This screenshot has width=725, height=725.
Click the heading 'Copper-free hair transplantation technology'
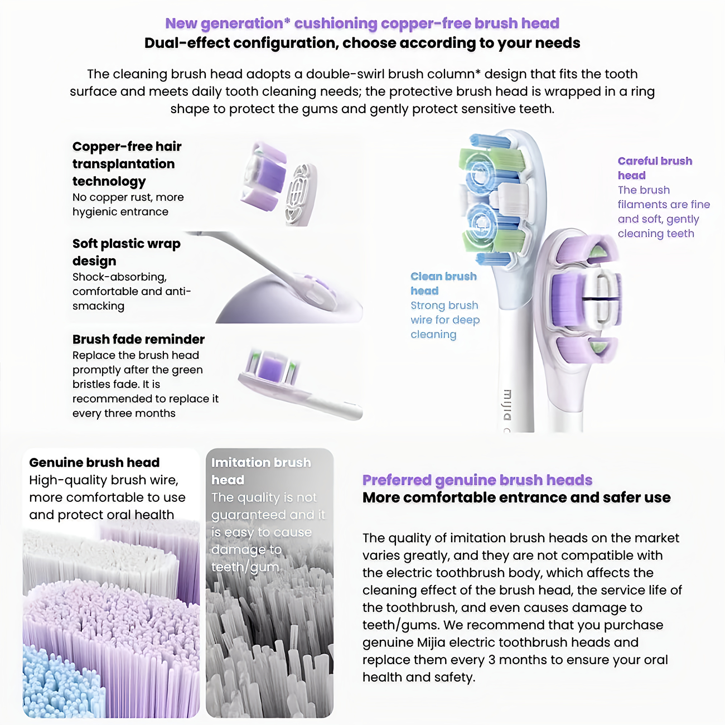coord(127,163)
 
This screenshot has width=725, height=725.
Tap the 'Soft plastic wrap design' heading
coord(126,252)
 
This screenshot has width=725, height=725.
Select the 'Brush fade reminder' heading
coord(138,339)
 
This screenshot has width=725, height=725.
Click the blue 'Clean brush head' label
coord(443,283)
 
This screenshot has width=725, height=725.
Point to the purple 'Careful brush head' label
coord(655,168)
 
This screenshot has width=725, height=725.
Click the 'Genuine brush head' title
coord(94,462)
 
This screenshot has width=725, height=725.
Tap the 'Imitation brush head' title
coord(260,471)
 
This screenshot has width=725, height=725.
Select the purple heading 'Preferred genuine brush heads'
coord(477,480)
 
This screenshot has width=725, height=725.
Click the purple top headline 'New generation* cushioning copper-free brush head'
coord(362,23)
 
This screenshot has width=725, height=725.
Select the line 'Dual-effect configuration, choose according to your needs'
coord(362,43)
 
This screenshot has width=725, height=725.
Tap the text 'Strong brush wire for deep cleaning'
coord(444,320)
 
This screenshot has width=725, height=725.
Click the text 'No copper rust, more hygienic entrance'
coord(128,204)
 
